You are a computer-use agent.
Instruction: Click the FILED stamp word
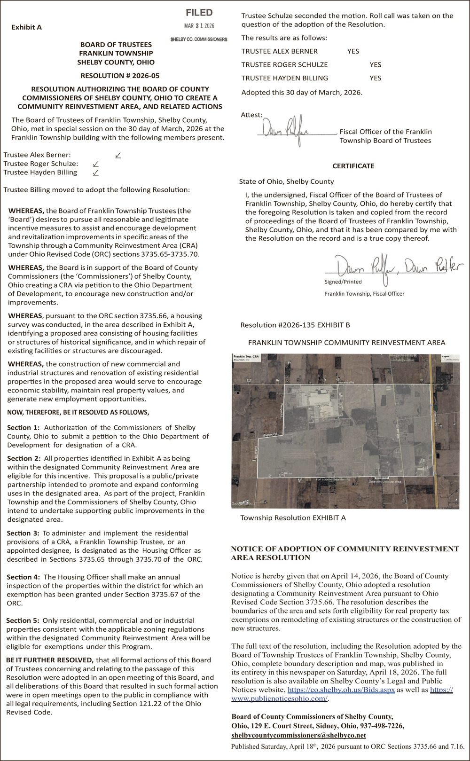click(x=199, y=13)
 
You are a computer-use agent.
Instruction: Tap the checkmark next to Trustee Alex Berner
click(x=117, y=155)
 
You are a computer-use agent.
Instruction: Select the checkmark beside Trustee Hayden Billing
click(x=95, y=173)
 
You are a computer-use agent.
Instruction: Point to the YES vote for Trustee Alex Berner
click(x=353, y=51)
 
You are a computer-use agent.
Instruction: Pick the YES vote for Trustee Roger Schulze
click(x=375, y=65)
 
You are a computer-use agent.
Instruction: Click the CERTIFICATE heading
click(x=353, y=166)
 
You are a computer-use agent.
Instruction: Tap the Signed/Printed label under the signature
click(x=343, y=282)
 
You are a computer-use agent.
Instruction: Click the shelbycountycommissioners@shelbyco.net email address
click(x=298, y=735)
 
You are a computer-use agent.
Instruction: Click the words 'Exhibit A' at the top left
click(x=26, y=27)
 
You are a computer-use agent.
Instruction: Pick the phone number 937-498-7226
click(x=381, y=726)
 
